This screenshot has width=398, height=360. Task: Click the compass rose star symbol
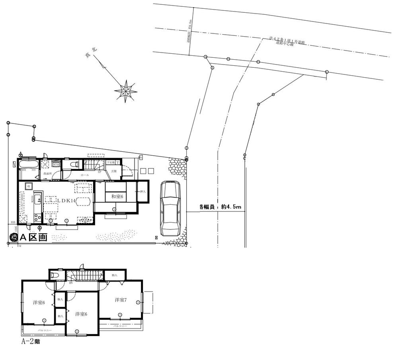coord(126,91)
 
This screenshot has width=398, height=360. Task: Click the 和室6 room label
coord(116,196)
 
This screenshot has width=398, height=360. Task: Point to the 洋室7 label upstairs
coord(121,299)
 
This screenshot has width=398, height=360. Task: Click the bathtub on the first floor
coord(28,164)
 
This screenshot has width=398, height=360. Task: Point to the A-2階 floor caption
coord(30,341)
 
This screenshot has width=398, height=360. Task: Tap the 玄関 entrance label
coord(114,171)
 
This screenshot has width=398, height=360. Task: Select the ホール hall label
coord(85,175)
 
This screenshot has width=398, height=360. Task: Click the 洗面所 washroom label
coord(48,174)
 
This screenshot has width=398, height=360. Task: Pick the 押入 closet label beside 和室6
coord(142,192)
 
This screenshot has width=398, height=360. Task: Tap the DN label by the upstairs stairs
coord(70,283)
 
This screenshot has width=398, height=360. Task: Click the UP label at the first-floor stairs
coord(99,172)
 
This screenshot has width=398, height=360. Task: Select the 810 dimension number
coord(13,222)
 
